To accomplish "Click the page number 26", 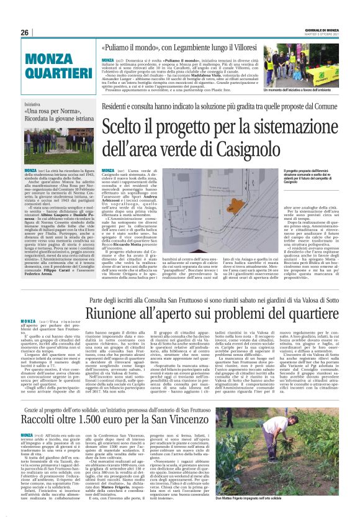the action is point(24,32).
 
